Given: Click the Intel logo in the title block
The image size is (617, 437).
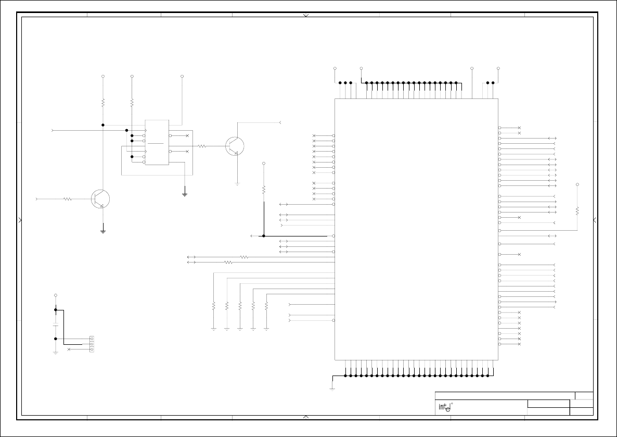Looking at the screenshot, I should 443,407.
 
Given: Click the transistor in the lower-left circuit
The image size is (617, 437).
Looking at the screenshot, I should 100,199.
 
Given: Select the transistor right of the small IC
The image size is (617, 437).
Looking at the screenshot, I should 235,146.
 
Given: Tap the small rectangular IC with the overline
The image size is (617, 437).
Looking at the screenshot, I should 157,143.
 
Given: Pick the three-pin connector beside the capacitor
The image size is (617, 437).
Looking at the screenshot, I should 92,344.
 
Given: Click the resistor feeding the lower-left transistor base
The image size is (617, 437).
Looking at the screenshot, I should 67,199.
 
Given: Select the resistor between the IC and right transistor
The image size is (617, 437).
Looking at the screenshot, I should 202,146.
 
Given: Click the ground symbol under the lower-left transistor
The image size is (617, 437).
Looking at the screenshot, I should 103,230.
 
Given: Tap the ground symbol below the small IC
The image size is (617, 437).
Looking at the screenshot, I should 185,194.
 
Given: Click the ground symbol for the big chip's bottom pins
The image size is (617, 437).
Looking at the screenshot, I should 332,388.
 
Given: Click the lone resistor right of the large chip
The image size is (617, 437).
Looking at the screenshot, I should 577,211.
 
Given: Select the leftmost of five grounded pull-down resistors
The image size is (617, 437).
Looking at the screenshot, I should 214,306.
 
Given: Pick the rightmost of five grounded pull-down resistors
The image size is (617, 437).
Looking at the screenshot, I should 266,306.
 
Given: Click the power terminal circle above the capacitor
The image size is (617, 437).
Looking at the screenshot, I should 56,295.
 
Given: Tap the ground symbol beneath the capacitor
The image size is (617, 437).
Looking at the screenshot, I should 56,353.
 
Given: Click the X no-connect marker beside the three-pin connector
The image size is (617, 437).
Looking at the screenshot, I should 69,349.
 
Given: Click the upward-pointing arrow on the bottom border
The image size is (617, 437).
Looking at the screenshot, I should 306,416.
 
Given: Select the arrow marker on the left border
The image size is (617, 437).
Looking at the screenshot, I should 20,220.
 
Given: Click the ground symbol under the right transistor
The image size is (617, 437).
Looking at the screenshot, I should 237,183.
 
